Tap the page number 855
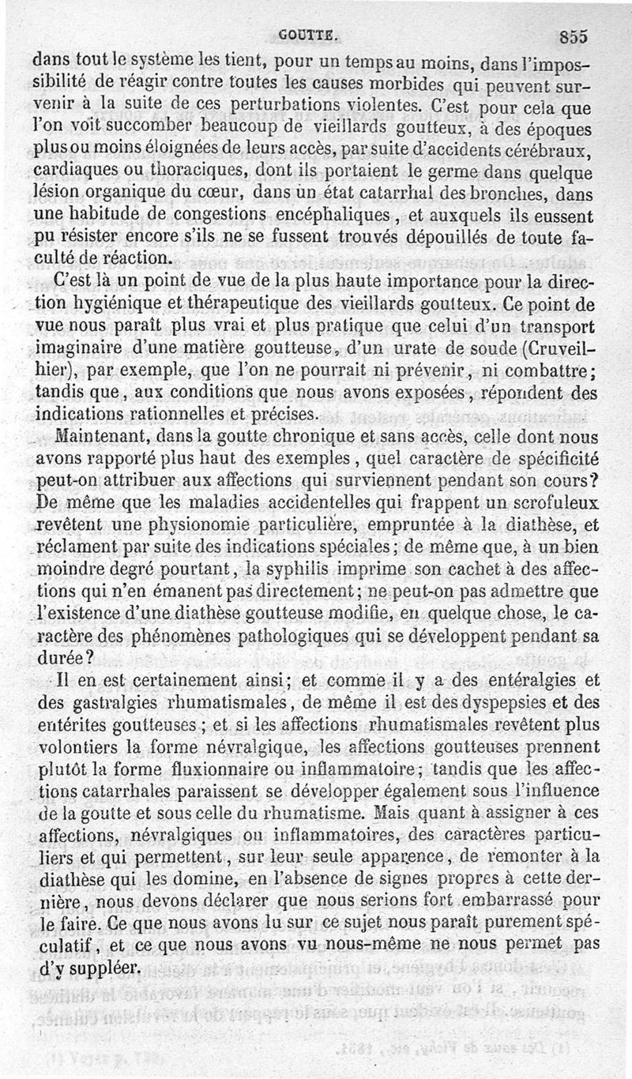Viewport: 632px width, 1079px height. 574,36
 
